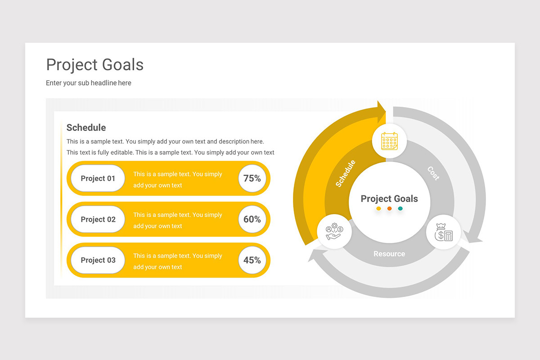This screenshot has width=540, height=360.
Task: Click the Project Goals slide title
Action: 95,65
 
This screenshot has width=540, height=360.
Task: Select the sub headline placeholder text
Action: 89,83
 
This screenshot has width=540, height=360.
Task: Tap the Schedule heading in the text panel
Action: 86,127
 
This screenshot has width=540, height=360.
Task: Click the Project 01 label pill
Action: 98,178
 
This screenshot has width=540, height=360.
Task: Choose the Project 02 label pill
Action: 98,219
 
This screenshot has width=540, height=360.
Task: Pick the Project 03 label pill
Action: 98,260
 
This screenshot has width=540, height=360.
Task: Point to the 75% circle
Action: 252,178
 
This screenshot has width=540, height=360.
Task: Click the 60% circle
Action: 252,219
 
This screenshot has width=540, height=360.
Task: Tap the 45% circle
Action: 252,260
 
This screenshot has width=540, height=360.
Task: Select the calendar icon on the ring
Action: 389,141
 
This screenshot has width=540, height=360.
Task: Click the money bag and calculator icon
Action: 443,232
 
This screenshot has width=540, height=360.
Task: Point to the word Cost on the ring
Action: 433,173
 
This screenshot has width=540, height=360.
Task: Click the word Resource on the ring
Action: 389,254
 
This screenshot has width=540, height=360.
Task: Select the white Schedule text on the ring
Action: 346,173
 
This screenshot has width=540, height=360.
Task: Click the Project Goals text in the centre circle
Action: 389,198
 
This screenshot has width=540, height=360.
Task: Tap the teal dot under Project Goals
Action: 400,208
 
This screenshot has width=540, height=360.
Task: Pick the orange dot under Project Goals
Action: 389,208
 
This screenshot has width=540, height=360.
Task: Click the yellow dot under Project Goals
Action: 378,208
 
